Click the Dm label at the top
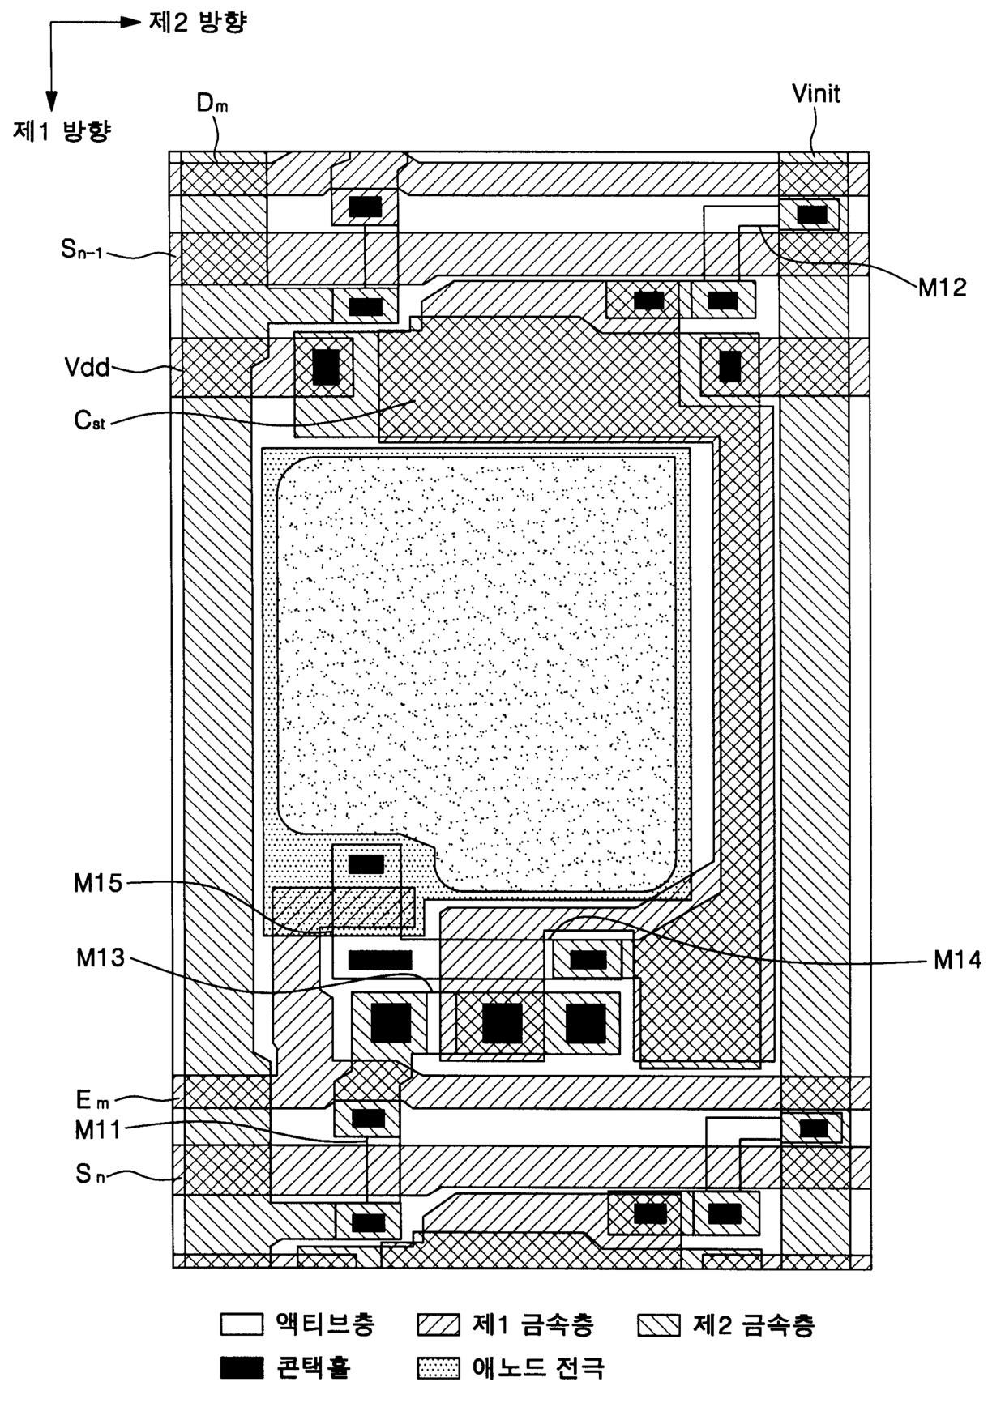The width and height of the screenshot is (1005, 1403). (x=212, y=104)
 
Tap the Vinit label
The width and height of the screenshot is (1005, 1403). (x=815, y=93)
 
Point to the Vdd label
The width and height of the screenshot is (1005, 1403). (x=88, y=367)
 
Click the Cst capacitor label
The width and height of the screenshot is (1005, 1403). (x=89, y=420)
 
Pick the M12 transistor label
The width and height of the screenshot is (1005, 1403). (x=942, y=288)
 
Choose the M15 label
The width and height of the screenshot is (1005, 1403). (x=98, y=883)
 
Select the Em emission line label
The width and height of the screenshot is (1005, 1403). (x=92, y=1099)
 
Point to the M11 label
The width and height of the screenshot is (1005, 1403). (x=98, y=1129)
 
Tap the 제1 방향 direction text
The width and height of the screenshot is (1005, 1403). (x=62, y=130)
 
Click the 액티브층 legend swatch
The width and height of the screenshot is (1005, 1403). (x=242, y=1324)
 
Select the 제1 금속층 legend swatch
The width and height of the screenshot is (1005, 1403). (x=438, y=1324)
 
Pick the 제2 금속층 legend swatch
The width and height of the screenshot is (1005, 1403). (x=659, y=1324)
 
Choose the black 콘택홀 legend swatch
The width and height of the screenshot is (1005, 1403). (x=242, y=1368)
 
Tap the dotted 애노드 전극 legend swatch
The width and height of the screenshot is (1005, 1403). (x=438, y=1368)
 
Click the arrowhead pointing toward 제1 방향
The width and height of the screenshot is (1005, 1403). (x=51, y=100)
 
